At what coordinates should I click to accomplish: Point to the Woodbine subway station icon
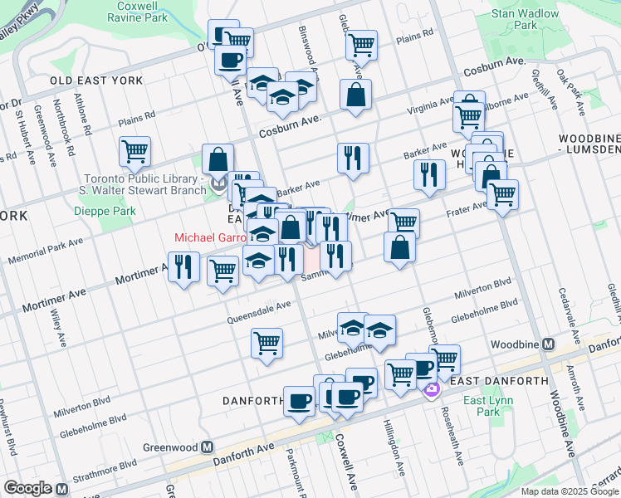[548, 344]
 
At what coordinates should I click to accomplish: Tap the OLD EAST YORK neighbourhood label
[96, 81]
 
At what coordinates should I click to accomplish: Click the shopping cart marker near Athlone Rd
[134, 152]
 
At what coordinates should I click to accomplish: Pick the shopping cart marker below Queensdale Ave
[266, 342]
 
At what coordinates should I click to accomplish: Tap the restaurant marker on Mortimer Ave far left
[183, 266]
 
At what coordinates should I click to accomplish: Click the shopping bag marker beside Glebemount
[399, 247]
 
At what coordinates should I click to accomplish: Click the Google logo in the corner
[27, 488]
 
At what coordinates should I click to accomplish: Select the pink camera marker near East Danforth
[431, 389]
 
